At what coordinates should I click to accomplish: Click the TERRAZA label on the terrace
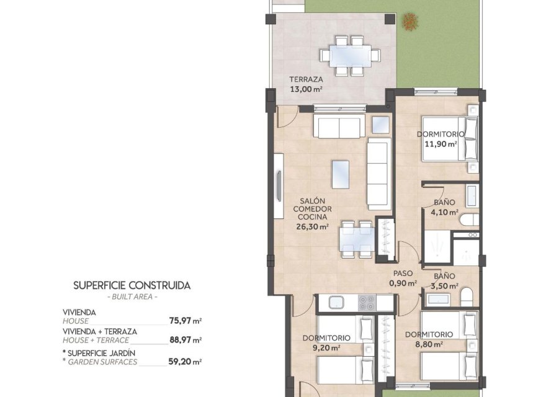coord(306,79)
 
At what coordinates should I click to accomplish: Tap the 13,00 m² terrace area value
coord(306,89)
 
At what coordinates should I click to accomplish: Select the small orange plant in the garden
coord(410,22)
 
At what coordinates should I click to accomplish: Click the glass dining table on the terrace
coord(351,56)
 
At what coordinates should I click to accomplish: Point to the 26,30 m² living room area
coord(312,226)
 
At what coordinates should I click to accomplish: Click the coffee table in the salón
coord(340,174)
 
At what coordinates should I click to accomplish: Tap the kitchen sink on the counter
coord(336,302)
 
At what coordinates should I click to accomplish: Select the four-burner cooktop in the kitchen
coord(367,302)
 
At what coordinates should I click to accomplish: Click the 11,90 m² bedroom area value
coord(441,144)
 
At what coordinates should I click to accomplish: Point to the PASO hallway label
coord(403,274)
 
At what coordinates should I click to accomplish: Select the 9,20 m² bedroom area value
coord(326,347)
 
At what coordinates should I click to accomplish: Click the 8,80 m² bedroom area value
coord(429,344)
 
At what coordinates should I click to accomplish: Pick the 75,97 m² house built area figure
coord(186,321)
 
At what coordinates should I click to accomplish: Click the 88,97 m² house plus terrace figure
coord(186,340)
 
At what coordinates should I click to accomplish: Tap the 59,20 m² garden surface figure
coord(185,362)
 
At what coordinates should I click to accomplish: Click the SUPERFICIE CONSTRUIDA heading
coord(132,285)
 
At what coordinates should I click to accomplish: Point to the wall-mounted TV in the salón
coord(279,186)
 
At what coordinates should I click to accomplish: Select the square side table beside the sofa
coord(380,125)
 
